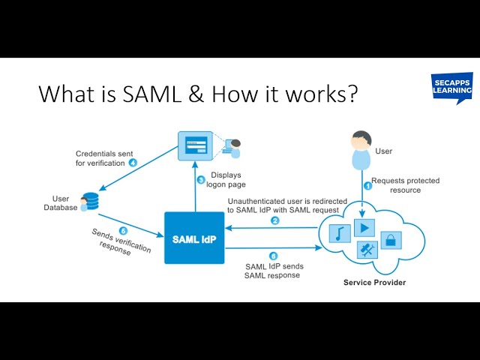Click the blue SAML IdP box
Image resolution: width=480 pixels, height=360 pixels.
click(x=194, y=238)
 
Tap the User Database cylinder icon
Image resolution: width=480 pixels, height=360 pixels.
click(x=91, y=202)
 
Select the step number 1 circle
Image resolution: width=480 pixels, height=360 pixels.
click(x=367, y=184)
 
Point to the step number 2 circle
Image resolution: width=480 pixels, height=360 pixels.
click(x=274, y=220)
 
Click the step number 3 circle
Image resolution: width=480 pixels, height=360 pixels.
click(x=201, y=180)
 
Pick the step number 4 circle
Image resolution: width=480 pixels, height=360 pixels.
click(x=132, y=162)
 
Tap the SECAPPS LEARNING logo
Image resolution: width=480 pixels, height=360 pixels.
click(x=451, y=88)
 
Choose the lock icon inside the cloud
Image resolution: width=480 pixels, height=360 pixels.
click(x=391, y=240)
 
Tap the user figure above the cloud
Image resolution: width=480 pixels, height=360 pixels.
click(x=361, y=150)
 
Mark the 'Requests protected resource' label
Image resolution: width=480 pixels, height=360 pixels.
click(x=405, y=185)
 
